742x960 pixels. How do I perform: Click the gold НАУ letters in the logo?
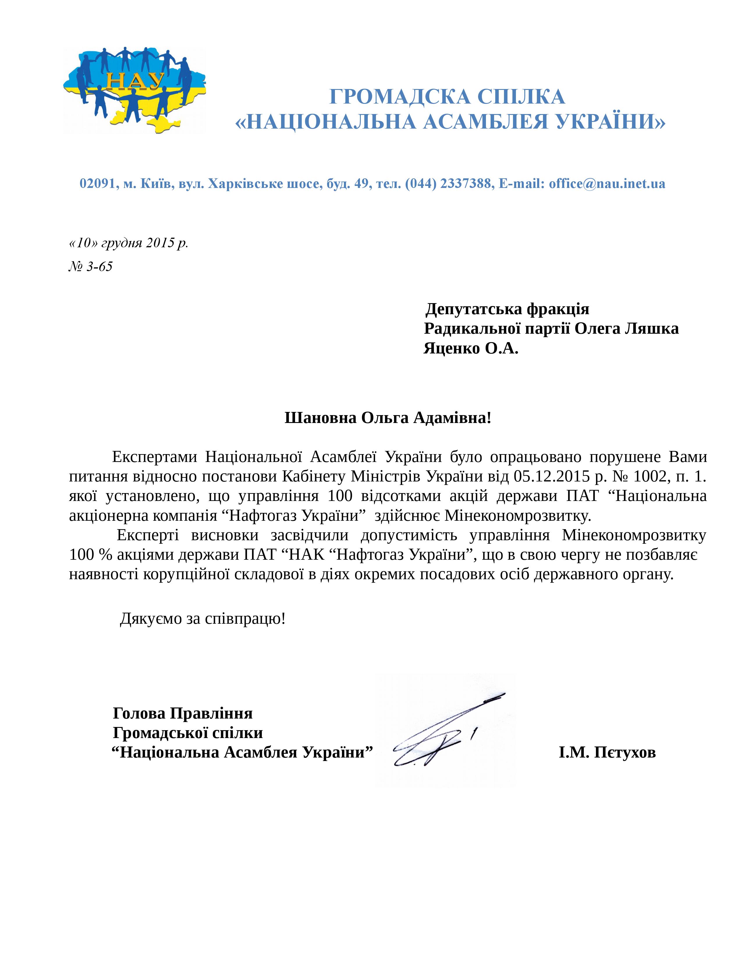(x=135, y=82)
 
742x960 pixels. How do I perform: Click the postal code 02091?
(x=97, y=184)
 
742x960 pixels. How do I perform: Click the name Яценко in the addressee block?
(x=451, y=349)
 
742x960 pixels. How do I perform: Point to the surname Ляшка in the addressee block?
(x=652, y=329)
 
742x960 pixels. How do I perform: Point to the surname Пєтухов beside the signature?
(x=625, y=753)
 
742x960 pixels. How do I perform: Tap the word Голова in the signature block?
(x=139, y=713)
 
